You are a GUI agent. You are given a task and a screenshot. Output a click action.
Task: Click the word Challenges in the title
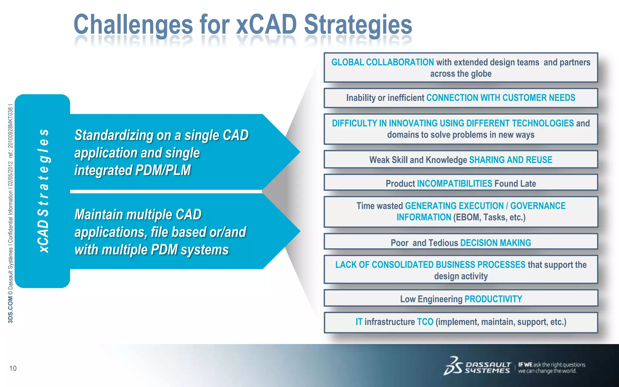[x=133, y=25]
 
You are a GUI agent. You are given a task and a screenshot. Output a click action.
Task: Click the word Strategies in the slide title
[x=358, y=25]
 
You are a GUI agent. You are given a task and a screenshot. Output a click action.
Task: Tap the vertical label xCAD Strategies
[x=43, y=191]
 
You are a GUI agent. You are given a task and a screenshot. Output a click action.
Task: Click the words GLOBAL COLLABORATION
[x=382, y=62]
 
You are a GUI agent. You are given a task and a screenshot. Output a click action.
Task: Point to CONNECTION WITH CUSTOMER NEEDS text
[x=501, y=98]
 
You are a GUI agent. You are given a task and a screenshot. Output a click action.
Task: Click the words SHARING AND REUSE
[x=510, y=160]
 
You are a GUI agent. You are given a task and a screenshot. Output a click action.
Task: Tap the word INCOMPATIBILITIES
[x=455, y=184]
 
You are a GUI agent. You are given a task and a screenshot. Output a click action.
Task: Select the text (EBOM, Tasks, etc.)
[x=489, y=217]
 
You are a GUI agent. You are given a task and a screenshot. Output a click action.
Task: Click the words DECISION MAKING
[x=495, y=243]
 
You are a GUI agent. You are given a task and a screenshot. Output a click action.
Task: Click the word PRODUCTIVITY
[x=493, y=299]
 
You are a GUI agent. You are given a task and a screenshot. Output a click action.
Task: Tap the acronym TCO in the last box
[x=425, y=322]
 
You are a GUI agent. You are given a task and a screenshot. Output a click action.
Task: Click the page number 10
[x=13, y=368]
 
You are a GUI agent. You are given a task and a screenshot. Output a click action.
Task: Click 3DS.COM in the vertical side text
[x=11, y=310]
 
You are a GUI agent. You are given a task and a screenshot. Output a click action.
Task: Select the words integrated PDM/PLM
[x=133, y=170]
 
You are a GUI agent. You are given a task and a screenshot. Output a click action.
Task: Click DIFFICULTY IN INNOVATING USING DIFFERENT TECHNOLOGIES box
[x=461, y=129]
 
